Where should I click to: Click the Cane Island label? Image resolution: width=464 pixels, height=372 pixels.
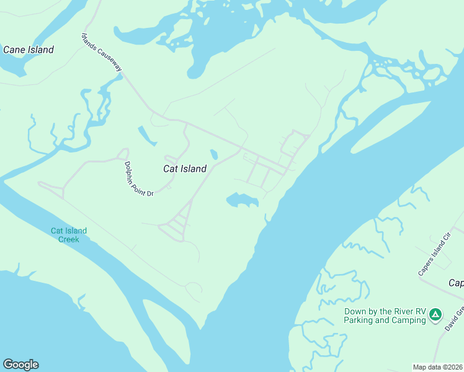pos(29,50)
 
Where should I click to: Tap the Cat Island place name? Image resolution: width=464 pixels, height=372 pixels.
pos(184,168)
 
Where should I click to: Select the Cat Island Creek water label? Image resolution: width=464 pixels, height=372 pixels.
pos(68,235)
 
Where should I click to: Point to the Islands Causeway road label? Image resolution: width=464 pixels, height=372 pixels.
pos(101,53)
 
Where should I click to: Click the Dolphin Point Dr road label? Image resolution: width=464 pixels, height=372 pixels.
pos(138,179)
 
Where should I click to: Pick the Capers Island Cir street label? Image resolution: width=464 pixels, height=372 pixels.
pos(433,255)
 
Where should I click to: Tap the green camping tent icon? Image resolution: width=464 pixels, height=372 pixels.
pos(435,315)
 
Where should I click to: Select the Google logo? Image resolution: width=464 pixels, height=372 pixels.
pos(20,365)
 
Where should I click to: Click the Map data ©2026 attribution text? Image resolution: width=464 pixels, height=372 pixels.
pos(437,366)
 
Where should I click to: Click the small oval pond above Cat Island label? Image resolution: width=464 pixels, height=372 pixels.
pos(214,154)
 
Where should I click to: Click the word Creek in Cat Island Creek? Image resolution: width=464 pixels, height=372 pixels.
pos(68,239)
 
